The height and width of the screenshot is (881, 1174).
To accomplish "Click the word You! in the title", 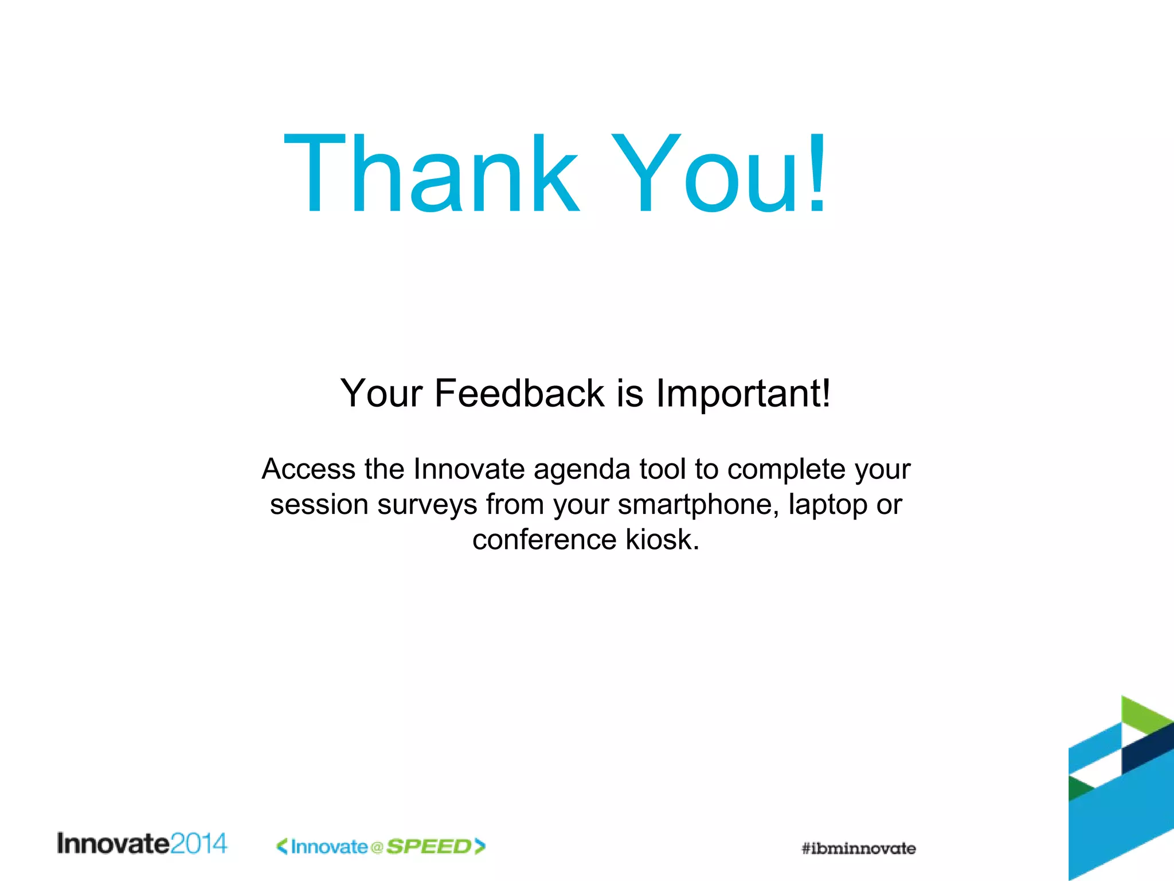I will (719, 173).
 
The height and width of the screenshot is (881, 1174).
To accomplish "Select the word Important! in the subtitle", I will (743, 395).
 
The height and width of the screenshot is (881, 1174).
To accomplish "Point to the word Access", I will (308, 469).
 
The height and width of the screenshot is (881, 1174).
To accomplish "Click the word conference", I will (544, 540).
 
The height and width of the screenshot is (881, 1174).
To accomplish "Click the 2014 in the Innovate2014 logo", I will (198, 844).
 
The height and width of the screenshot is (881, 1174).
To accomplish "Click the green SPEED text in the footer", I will (429, 847).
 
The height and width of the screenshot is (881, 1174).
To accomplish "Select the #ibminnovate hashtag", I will (858, 848).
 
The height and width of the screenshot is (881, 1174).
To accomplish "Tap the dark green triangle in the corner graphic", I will (1078, 788).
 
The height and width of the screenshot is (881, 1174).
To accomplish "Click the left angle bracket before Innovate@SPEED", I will (282, 846).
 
